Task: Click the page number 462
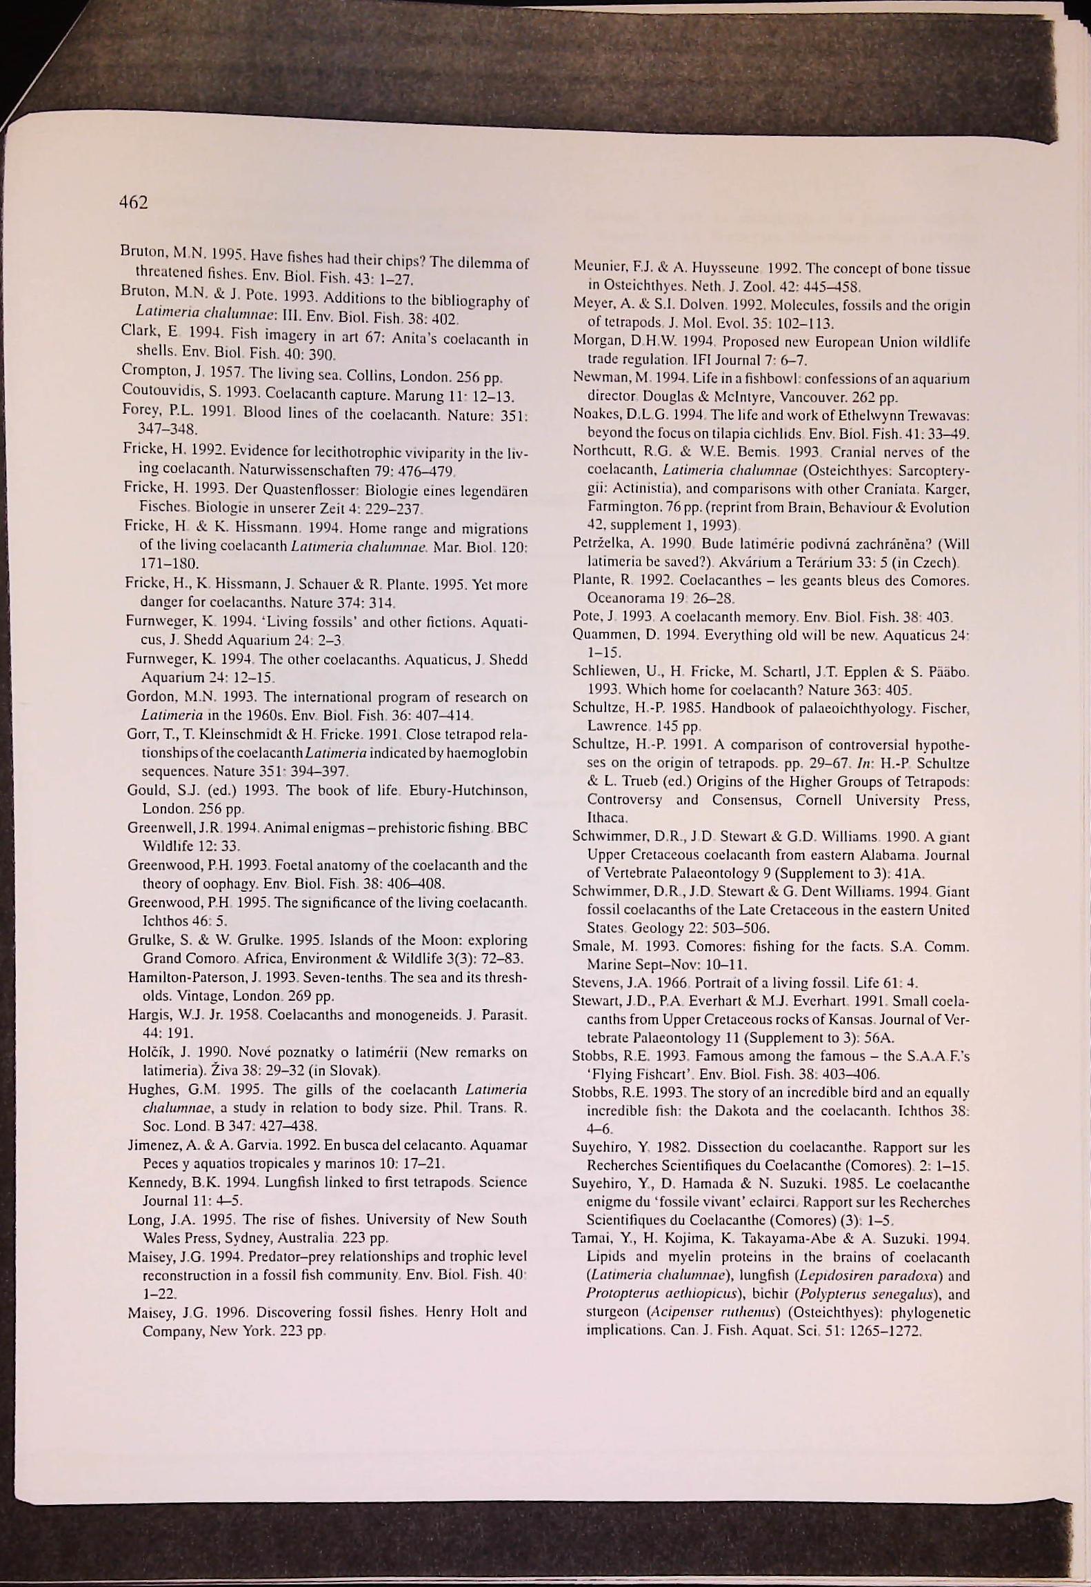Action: coord(134,202)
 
